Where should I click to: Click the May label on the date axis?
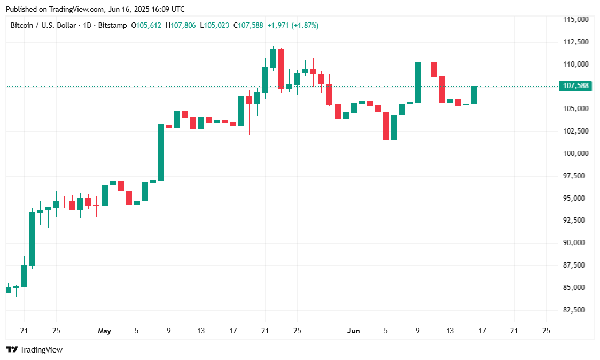(104, 331)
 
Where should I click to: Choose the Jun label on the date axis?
(353, 331)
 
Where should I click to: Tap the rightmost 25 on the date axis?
(546, 331)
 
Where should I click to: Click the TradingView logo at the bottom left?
(34, 350)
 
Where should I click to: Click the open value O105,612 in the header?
(147, 25)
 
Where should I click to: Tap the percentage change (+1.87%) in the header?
(305, 25)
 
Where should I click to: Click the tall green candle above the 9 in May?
(161, 152)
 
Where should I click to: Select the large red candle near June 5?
(386, 126)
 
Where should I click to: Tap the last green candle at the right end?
(474, 95)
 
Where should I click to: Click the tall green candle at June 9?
(418, 82)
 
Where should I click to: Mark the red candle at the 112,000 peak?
(281, 68)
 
